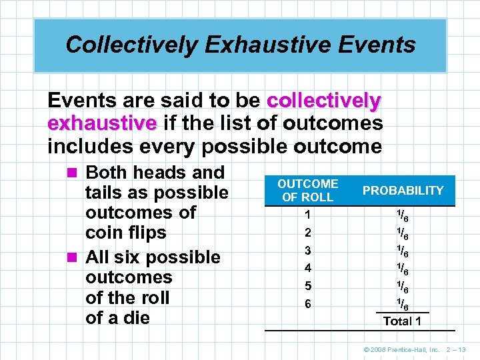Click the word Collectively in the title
pos(131,45)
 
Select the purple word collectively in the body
pos(324,101)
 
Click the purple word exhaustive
pos(101,123)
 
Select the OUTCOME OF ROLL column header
pos(307,190)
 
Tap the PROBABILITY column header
pos(402,190)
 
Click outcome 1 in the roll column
pos(307,215)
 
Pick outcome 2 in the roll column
pos(307,233)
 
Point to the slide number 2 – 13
pos(457,349)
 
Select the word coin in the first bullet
pos(104,233)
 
